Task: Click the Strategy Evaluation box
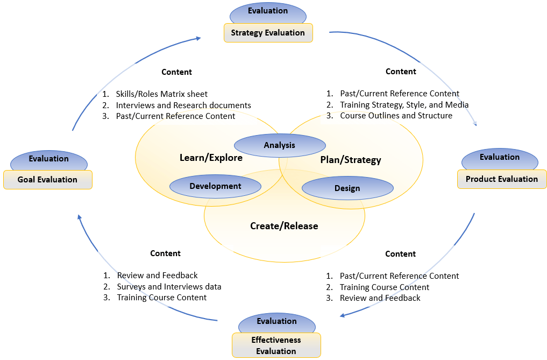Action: (268, 33)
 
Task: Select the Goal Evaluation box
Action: (47, 180)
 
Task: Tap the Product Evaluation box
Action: (501, 179)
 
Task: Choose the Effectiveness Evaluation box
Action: (276, 345)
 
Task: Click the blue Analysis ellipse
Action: (280, 145)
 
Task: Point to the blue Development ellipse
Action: (215, 186)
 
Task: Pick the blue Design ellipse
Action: (347, 188)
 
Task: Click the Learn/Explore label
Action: (211, 158)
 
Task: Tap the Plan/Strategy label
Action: (350, 160)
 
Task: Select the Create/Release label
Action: (284, 226)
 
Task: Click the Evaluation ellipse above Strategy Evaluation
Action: (268, 11)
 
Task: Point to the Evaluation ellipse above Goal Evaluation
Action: (48, 159)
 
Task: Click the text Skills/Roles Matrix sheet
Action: (161, 94)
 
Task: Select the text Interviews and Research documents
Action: (183, 105)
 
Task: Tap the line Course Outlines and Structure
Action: (396, 116)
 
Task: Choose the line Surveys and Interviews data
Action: (169, 286)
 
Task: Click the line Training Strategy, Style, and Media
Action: (404, 105)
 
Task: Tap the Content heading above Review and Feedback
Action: (165, 253)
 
